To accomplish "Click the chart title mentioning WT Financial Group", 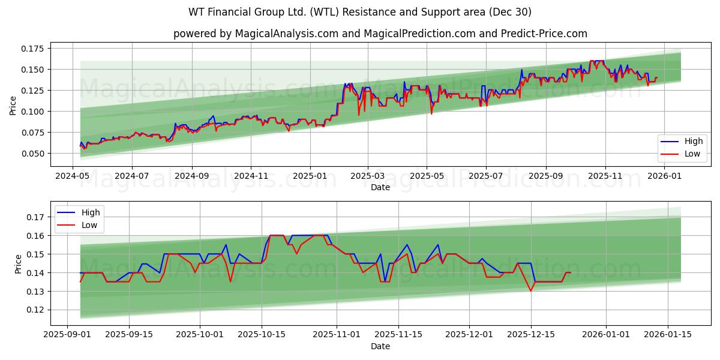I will click(x=360, y=12).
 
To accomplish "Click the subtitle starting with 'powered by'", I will click(x=380, y=34).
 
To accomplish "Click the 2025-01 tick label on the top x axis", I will click(x=310, y=176).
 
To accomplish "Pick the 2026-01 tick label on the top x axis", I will click(x=664, y=176).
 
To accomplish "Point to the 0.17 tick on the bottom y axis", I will click(x=36, y=217).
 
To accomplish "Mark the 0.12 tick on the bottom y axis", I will click(x=36, y=310).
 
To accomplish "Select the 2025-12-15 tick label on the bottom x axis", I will click(x=530, y=334).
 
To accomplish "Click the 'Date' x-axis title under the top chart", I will click(x=380, y=187).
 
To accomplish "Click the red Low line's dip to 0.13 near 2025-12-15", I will click(x=530, y=291).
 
